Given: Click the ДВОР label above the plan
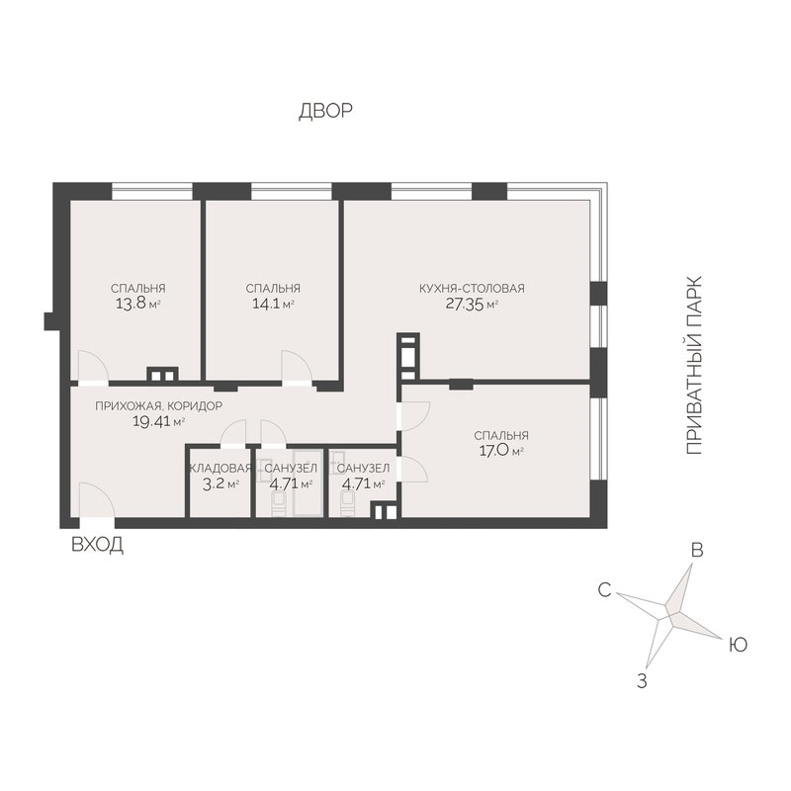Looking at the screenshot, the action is (x=325, y=111).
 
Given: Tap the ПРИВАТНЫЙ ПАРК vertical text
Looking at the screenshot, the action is (x=694, y=366).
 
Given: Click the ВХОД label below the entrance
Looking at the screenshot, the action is (x=97, y=545).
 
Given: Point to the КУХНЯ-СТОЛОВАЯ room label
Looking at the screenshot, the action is (x=473, y=289).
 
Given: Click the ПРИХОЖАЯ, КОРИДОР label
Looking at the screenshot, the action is (x=158, y=406).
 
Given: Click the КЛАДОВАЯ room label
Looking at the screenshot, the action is (x=220, y=468).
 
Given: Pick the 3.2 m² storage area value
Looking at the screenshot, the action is (x=220, y=484).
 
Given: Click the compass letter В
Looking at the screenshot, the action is (x=697, y=551).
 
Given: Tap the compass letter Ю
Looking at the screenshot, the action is (x=738, y=645).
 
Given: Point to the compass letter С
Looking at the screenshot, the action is (x=604, y=589).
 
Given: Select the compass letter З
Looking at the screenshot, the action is (x=642, y=681).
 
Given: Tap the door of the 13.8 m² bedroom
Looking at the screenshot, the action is (x=93, y=367).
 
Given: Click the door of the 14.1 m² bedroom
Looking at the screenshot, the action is (x=297, y=367).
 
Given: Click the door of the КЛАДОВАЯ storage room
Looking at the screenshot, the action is (x=233, y=433).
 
